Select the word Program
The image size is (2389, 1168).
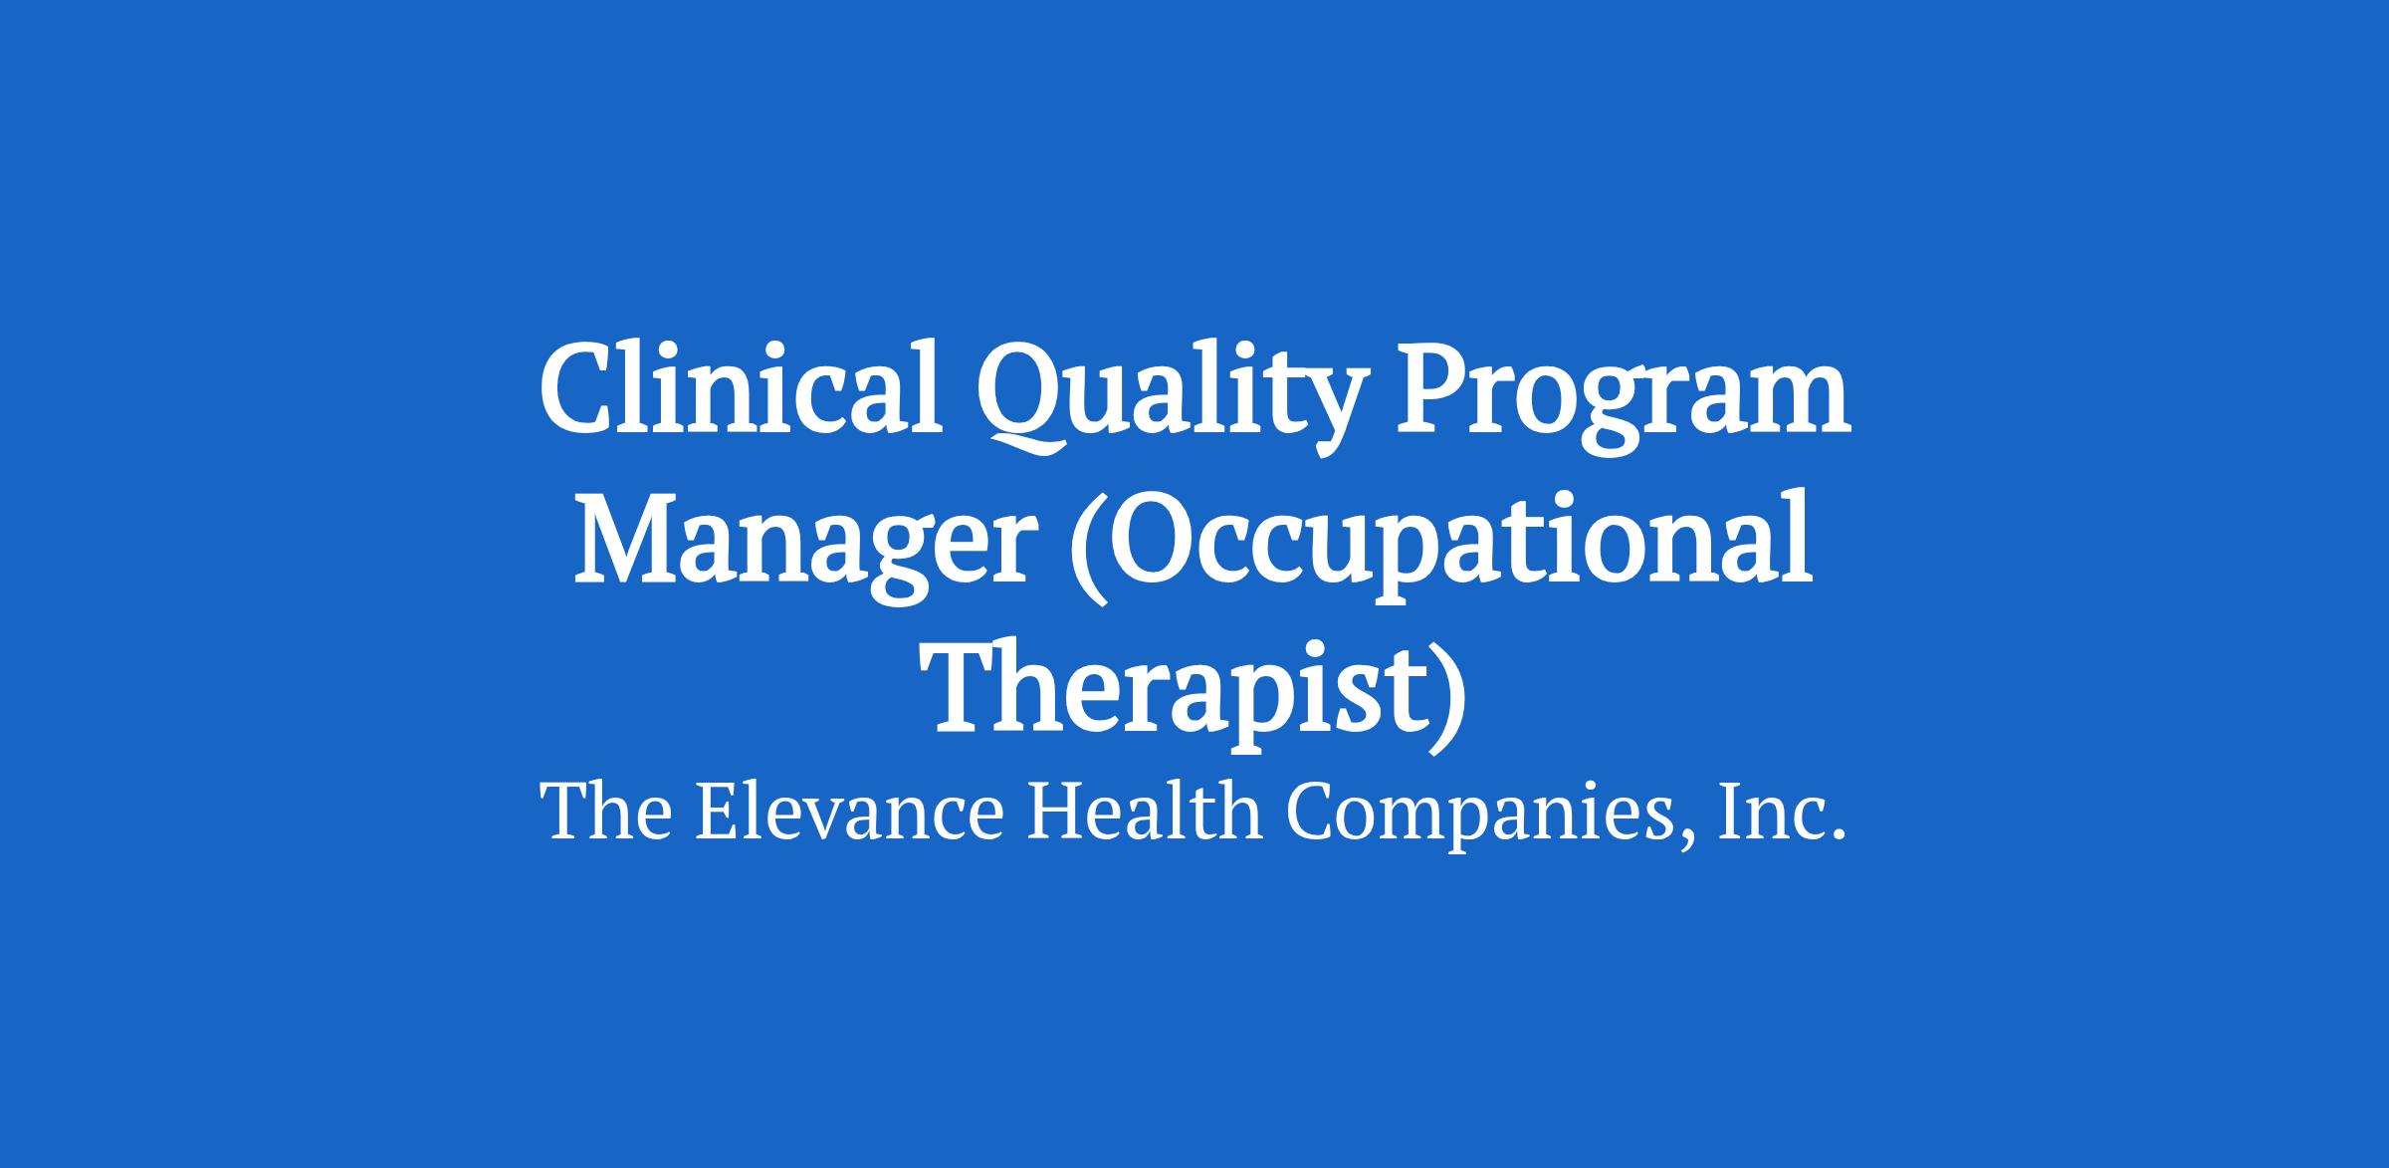click(x=1627, y=399)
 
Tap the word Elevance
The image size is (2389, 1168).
click(x=850, y=812)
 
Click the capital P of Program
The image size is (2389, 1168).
click(x=1440, y=389)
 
